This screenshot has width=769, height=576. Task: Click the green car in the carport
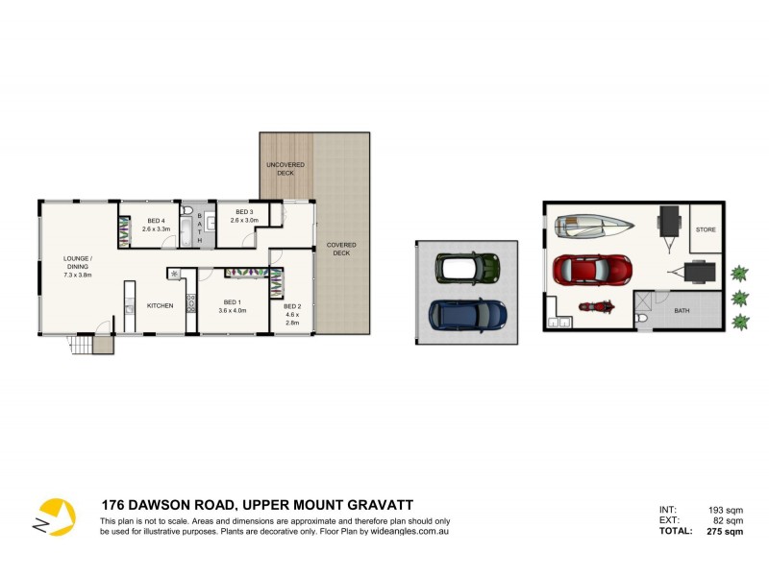[x=467, y=268]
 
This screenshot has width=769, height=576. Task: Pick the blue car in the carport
[x=467, y=314]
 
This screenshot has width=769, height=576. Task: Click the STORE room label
[x=706, y=229]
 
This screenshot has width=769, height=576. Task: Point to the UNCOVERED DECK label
[x=285, y=169]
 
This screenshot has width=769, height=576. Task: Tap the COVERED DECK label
[x=341, y=249]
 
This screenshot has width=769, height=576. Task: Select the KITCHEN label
[x=160, y=305]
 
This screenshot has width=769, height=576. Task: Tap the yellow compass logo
[x=54, y=516]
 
